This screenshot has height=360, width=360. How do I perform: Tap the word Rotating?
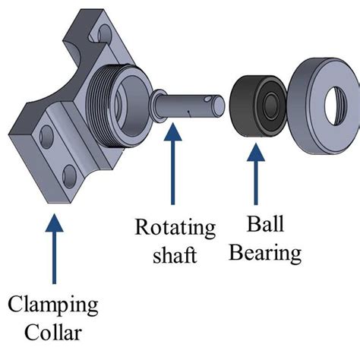point(175,228)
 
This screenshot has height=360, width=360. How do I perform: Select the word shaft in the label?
point(176,254)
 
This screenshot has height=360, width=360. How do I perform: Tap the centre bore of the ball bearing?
point(267,101)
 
